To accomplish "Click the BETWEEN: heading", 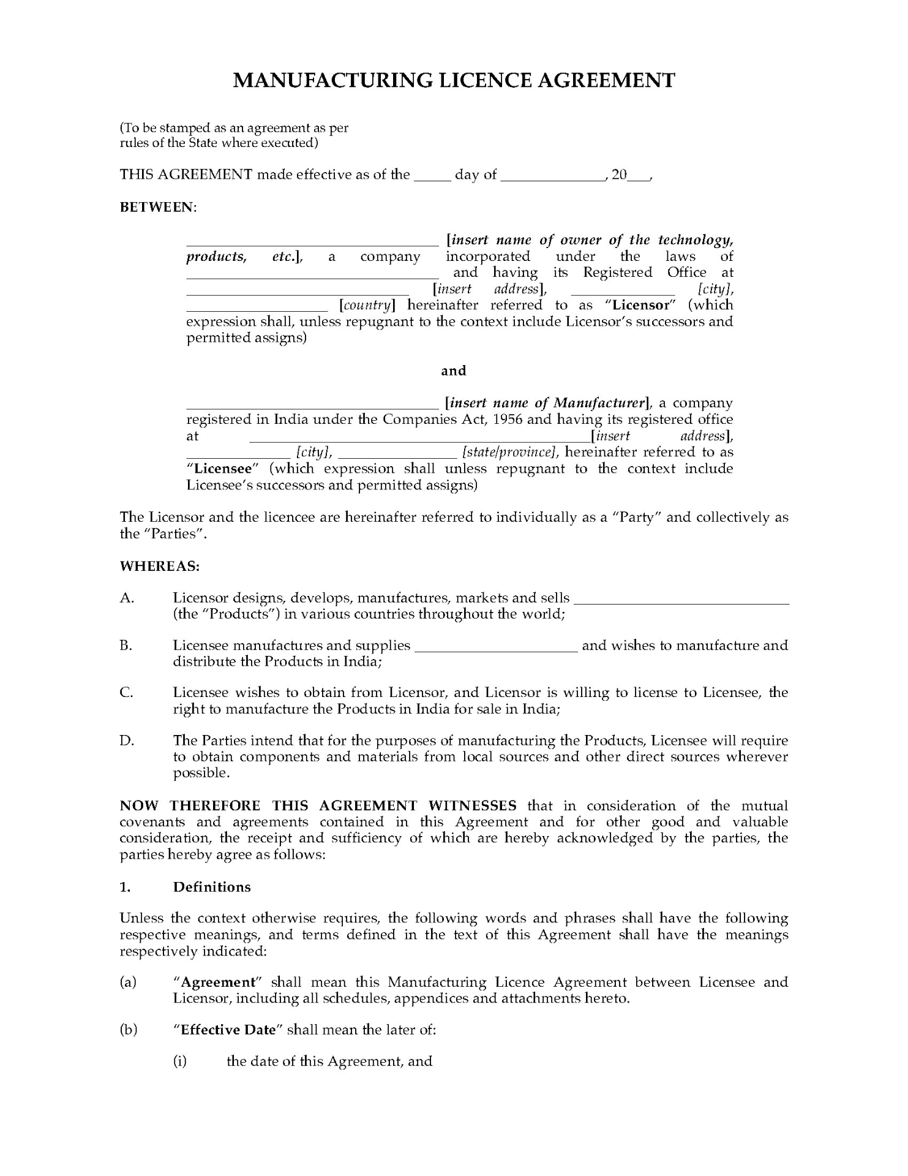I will [157, 207].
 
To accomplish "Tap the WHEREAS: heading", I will [160, 566].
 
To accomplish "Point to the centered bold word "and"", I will [454, 371].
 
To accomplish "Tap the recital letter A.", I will [127, 598].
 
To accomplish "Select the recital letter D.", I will [127, 741].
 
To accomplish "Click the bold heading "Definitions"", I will [212, 887].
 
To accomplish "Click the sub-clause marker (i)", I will [180, 1061].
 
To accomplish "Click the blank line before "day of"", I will [432, 178].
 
